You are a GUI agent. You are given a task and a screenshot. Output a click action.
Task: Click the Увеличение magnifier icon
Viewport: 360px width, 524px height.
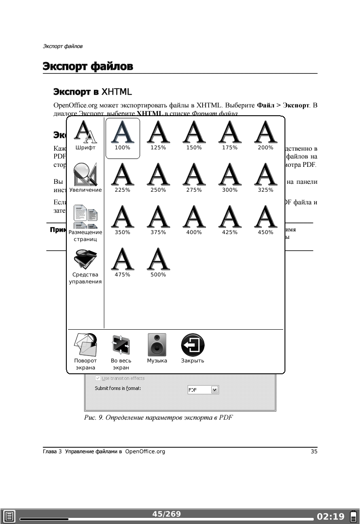[86, 175]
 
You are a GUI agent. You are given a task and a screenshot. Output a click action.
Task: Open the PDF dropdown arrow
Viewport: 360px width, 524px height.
[214, 390]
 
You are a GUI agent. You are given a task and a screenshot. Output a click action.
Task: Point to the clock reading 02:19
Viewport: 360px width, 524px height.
[331, 517]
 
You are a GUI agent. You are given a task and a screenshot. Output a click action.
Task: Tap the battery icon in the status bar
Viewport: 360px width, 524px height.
[352, 517]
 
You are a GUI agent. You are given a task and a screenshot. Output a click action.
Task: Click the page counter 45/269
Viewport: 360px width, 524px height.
[166, 514]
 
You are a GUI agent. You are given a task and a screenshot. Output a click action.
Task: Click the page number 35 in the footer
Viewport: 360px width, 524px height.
[314, 452]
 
